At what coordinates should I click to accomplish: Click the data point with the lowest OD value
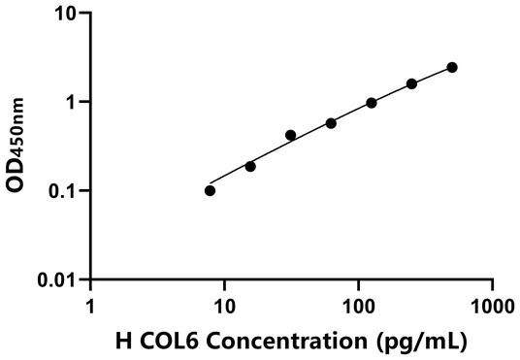211,190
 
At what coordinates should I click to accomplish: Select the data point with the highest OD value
452,67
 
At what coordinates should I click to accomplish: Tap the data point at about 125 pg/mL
372,103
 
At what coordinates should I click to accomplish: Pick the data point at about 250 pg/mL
411,83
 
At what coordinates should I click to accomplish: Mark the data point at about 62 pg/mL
331,123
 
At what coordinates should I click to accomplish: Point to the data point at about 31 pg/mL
291,135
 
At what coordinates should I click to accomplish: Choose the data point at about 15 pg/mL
250,166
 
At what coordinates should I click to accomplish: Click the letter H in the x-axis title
123,342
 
